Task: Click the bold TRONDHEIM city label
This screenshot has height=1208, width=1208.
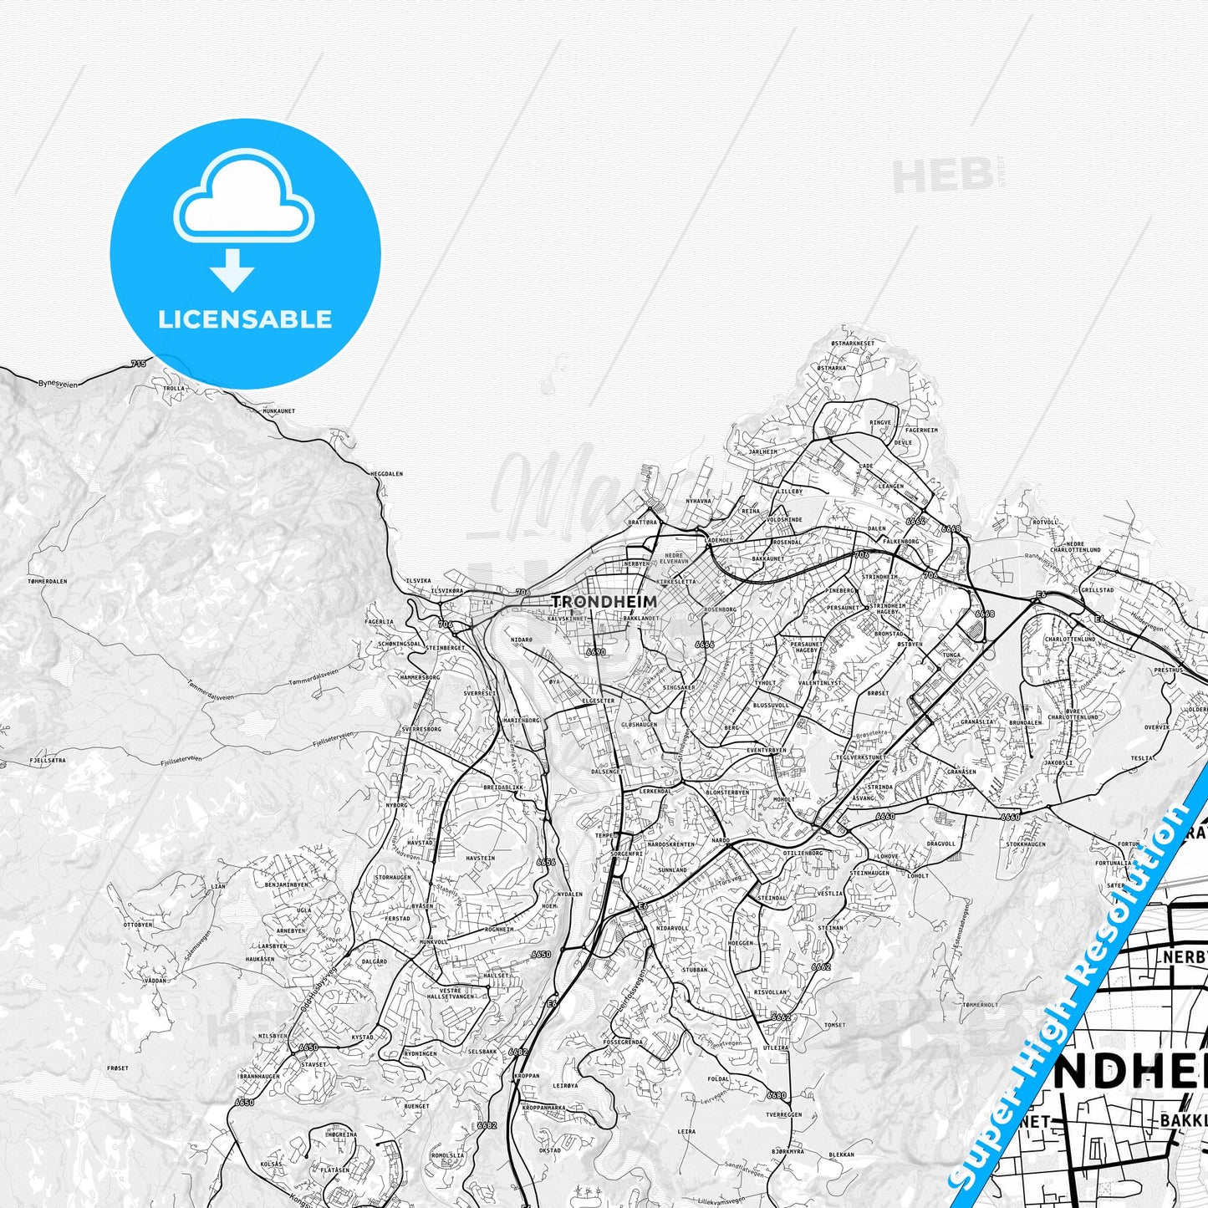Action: tap(604, 601)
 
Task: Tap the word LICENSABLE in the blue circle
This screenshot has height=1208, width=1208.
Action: tap(245, 319)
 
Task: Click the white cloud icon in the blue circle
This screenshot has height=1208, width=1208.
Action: tap(243, 201)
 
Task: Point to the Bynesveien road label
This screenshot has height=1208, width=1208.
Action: tap(58, 384)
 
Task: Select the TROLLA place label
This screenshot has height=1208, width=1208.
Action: tap(174, 389)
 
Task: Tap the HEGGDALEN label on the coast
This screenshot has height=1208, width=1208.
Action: tap(386, 474)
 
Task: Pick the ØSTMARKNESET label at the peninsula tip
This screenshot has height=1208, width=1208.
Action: tap(853, 344)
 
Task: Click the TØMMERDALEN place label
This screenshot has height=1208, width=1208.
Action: tap(47, 581)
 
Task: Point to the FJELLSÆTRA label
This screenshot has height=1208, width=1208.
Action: tap(47, 761)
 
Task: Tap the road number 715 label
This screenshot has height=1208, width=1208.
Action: tap(138, 364)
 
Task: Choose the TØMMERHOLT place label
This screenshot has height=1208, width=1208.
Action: tap(980, 1005)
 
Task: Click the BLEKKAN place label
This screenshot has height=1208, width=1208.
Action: tap(841, 1154)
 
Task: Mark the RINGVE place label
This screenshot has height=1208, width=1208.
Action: tap(880, 423)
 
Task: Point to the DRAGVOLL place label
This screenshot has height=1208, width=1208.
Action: tap(940, 844)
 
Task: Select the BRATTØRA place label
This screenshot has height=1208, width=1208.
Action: tap(643, 522)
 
